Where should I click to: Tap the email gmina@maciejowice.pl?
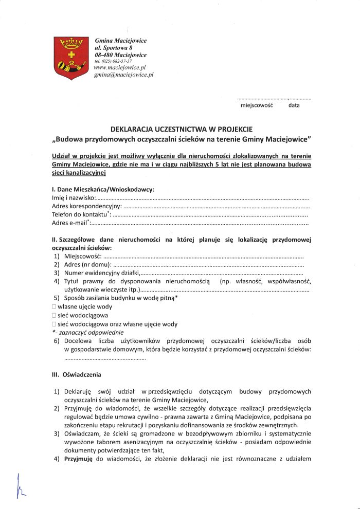pyautogui.click(x=124, y=75)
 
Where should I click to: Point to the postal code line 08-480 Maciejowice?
pyautogui.click(x=121, y=54)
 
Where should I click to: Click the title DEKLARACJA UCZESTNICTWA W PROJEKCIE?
pyautogui.click(x=182, y=129)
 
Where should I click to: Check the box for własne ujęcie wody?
pyautogui.click(x=54, y=307)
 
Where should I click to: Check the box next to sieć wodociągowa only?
pyautogui.click(x=54, y=315)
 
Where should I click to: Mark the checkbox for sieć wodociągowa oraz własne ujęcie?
pyautogui.click(x=54, y=324)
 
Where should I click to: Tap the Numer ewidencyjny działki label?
pyautogui.click(x=101, y=273)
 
